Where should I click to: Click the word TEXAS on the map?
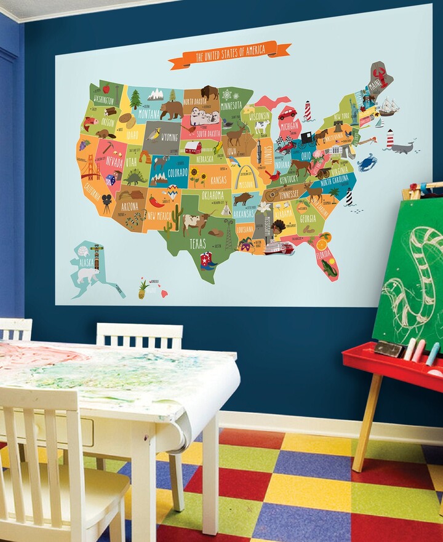(198, 242)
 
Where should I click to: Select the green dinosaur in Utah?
(135, 178)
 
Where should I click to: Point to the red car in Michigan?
(287, 114)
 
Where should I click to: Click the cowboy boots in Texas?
(207, 261)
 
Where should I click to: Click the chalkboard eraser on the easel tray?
(388, 349)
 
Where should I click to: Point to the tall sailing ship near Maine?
(388, 107)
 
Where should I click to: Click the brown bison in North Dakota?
(210, 92)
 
